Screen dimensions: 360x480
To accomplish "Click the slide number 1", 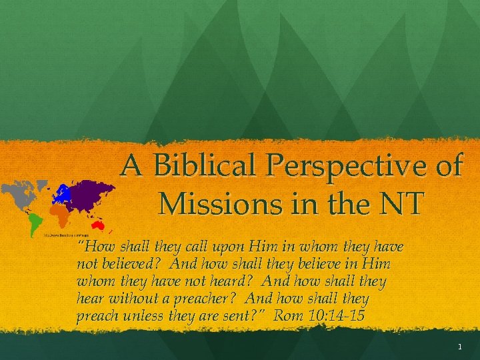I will click(x=460, y=347).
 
